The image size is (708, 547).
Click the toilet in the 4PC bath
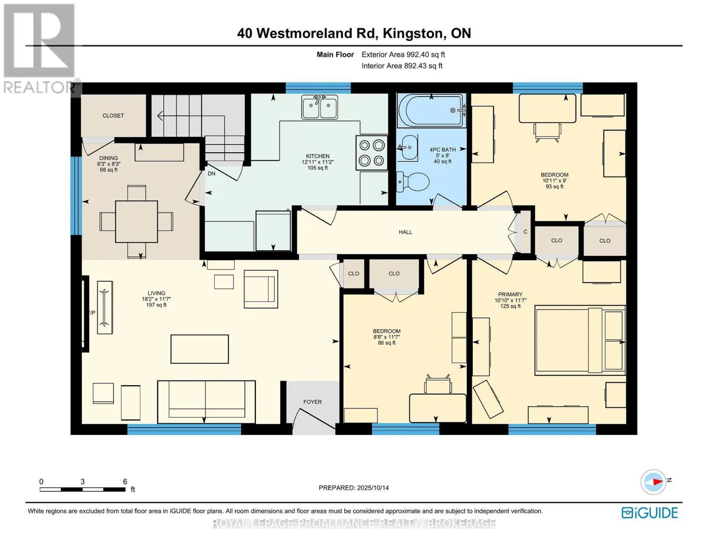[412, 182]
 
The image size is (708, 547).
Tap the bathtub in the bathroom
[431, 110]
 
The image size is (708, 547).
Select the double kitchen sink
[319, 107]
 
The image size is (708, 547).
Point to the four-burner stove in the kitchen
[372, 152]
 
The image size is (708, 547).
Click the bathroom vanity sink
[407, 148]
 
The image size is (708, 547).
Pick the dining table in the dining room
[136, 222]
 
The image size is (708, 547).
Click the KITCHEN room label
[317, 156]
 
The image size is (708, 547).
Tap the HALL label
[405, 232]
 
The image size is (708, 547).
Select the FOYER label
[312, 402]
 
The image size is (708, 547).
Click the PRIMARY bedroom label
[510, 294]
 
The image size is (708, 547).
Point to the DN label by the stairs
[212, 174]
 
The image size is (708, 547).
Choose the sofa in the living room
[206, 402]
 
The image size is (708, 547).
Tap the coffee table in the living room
[199, 349]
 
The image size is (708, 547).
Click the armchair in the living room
[261, 289]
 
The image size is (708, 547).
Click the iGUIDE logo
[650, 513]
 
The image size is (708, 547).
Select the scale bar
[83, 489]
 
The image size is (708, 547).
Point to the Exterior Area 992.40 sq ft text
[403, 54]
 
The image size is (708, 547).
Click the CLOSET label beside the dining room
[113, 116]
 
